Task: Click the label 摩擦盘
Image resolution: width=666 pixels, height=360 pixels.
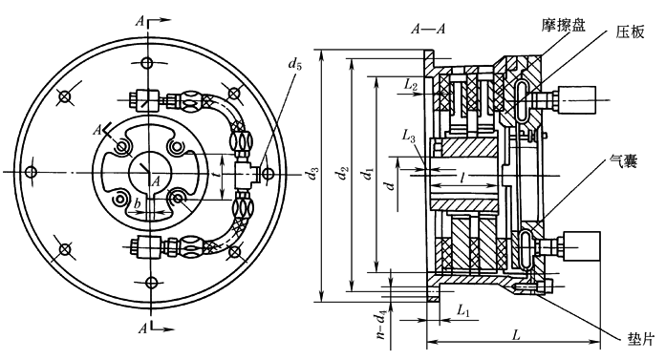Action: point(563,26)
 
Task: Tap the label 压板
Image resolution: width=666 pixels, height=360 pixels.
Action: point(630,32)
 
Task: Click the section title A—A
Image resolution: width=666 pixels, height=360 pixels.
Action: point(428,29)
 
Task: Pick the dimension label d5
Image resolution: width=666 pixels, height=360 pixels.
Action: point(294,64)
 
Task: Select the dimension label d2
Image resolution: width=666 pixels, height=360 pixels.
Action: point(343,174)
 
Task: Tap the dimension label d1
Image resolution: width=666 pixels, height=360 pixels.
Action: point(367,174)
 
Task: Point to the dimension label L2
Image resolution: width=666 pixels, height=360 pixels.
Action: point(410,85)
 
